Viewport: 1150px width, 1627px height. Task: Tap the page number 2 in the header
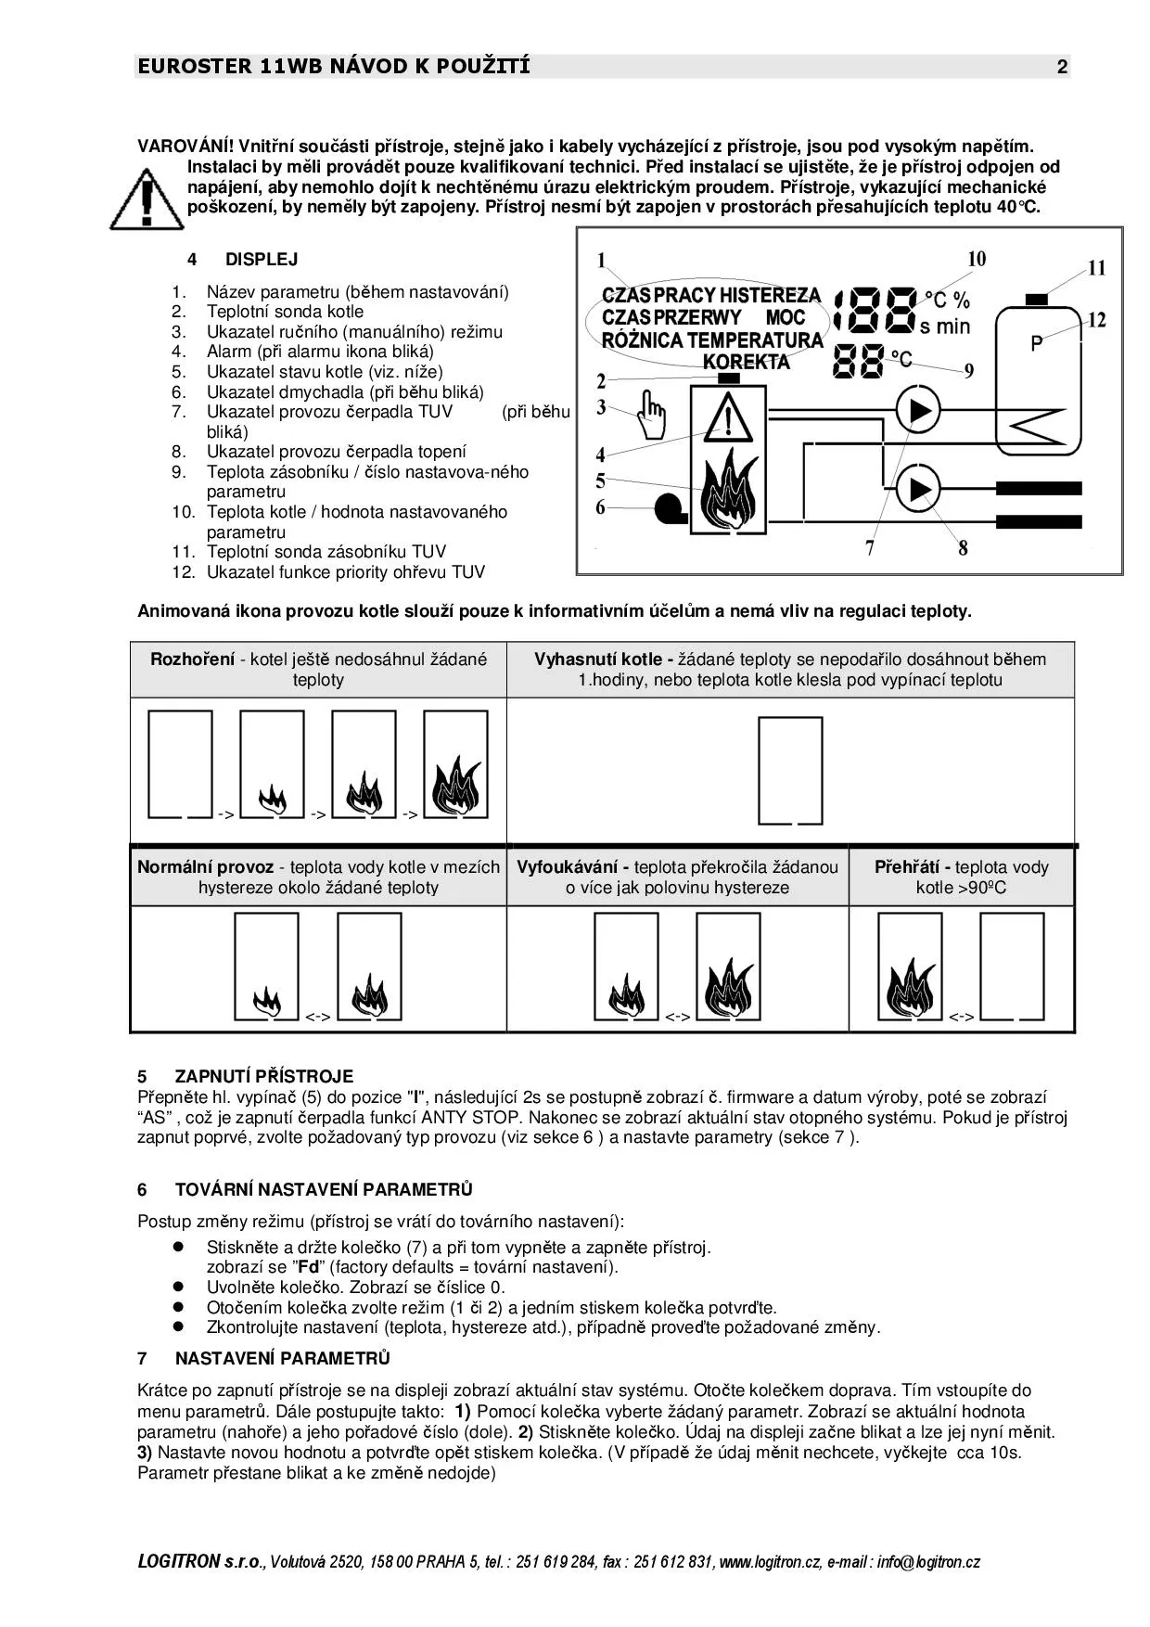tap(1062, 67)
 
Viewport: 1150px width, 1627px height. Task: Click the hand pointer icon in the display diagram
tap(653, 416)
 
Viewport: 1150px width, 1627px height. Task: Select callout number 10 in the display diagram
tap(977, 260)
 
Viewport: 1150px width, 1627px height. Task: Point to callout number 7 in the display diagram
tap(870, 548)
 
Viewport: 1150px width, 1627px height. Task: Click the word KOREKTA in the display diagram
tap(747, 363)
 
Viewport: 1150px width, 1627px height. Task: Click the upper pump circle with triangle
tap(917, 410)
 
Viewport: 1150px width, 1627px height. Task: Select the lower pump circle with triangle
tap(917, 488)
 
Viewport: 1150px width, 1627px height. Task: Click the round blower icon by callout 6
tap(668, 508)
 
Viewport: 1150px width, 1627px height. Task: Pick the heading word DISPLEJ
tap(262, 260)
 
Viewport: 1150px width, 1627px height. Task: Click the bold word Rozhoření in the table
tap(192, 660)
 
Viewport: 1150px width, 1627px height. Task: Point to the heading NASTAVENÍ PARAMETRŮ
tap(282, 1358)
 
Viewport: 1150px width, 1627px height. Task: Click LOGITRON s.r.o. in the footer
tap(201, 1561)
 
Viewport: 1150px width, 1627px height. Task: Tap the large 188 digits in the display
tap(876, 310)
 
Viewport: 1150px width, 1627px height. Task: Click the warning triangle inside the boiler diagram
tap(728, 419)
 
